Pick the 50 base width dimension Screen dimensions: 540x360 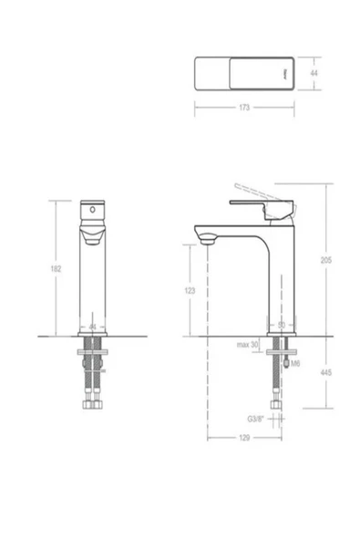281,325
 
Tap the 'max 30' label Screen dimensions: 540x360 249,344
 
